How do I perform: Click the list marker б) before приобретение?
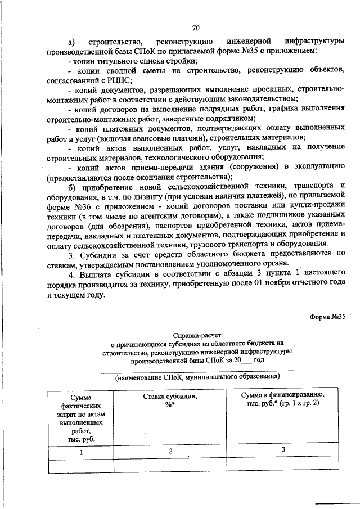pyautogui.click(x=71, y=186)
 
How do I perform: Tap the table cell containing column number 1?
pyautogui.click(x=81, y=452)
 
